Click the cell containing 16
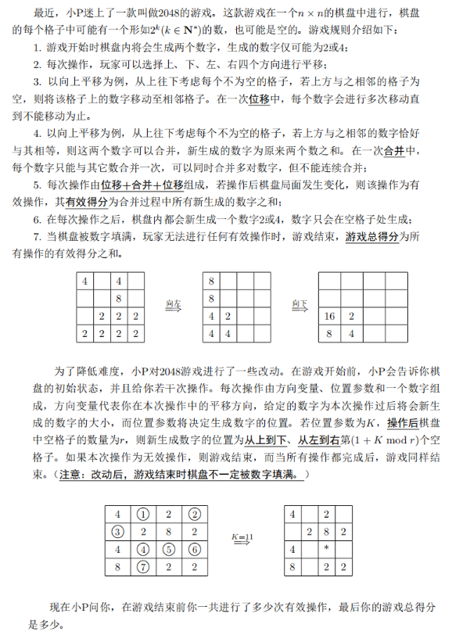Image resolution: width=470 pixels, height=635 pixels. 330,316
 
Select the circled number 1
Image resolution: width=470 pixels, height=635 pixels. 143,515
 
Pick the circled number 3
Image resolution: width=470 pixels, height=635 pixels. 117,532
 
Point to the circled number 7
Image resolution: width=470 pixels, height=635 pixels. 143,566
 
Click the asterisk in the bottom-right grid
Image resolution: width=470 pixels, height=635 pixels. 326,549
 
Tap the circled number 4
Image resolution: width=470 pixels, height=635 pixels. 143,549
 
